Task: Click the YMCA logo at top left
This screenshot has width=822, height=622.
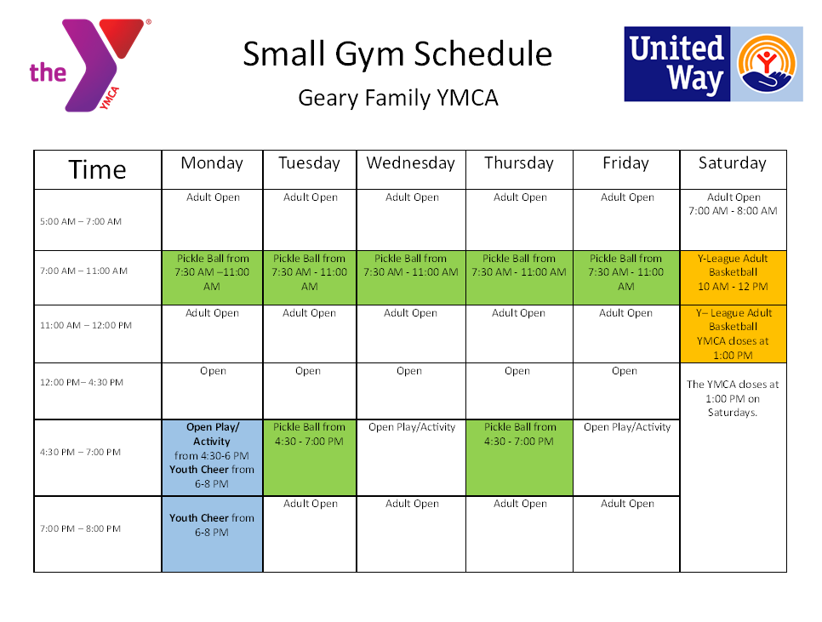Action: click(x=89, y=66)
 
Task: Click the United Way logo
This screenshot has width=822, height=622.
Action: click(x=713, y=64)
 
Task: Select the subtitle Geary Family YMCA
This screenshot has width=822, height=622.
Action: click(x=398, y=98)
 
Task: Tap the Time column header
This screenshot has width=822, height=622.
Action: click(x=98, y=170)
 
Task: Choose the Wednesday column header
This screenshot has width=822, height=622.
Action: click(x=410, y=163)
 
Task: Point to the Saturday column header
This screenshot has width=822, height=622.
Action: click(x=733, y=163)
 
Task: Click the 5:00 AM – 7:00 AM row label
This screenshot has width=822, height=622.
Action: click(x=81, y=221)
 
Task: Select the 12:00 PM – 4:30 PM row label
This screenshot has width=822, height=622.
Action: click(x=81, y=383)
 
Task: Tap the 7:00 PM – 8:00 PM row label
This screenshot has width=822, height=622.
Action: click(x=80, y=528)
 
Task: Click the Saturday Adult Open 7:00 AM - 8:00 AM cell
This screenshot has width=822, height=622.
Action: click(x=733, y=220)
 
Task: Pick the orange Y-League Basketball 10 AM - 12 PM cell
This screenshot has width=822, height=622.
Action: click(x=733, y=277)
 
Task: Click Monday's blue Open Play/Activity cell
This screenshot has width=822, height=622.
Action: click(x=212, y=458)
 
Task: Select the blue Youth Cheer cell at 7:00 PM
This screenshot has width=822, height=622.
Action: click(x=212, y=534)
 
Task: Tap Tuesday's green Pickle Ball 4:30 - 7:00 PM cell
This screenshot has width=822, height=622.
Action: click(x=309, y=458)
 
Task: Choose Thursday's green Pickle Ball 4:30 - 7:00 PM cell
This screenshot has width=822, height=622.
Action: click(x=519, y=458)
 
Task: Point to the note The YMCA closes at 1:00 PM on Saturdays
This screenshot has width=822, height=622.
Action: click(x=733, y=398)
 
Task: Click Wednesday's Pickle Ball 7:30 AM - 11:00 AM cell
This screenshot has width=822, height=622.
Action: click(x=410, y=277)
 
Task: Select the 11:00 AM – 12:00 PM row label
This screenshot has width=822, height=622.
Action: click(x=86, y=325)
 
